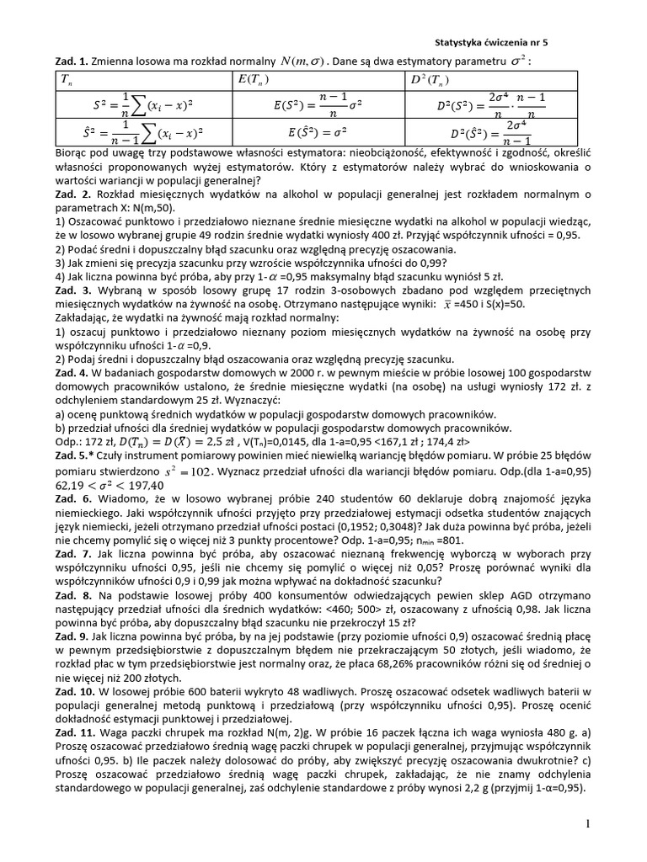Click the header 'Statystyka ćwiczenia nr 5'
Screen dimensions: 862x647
pos(495,40)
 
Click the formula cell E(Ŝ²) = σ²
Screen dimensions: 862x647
pos(318,132)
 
